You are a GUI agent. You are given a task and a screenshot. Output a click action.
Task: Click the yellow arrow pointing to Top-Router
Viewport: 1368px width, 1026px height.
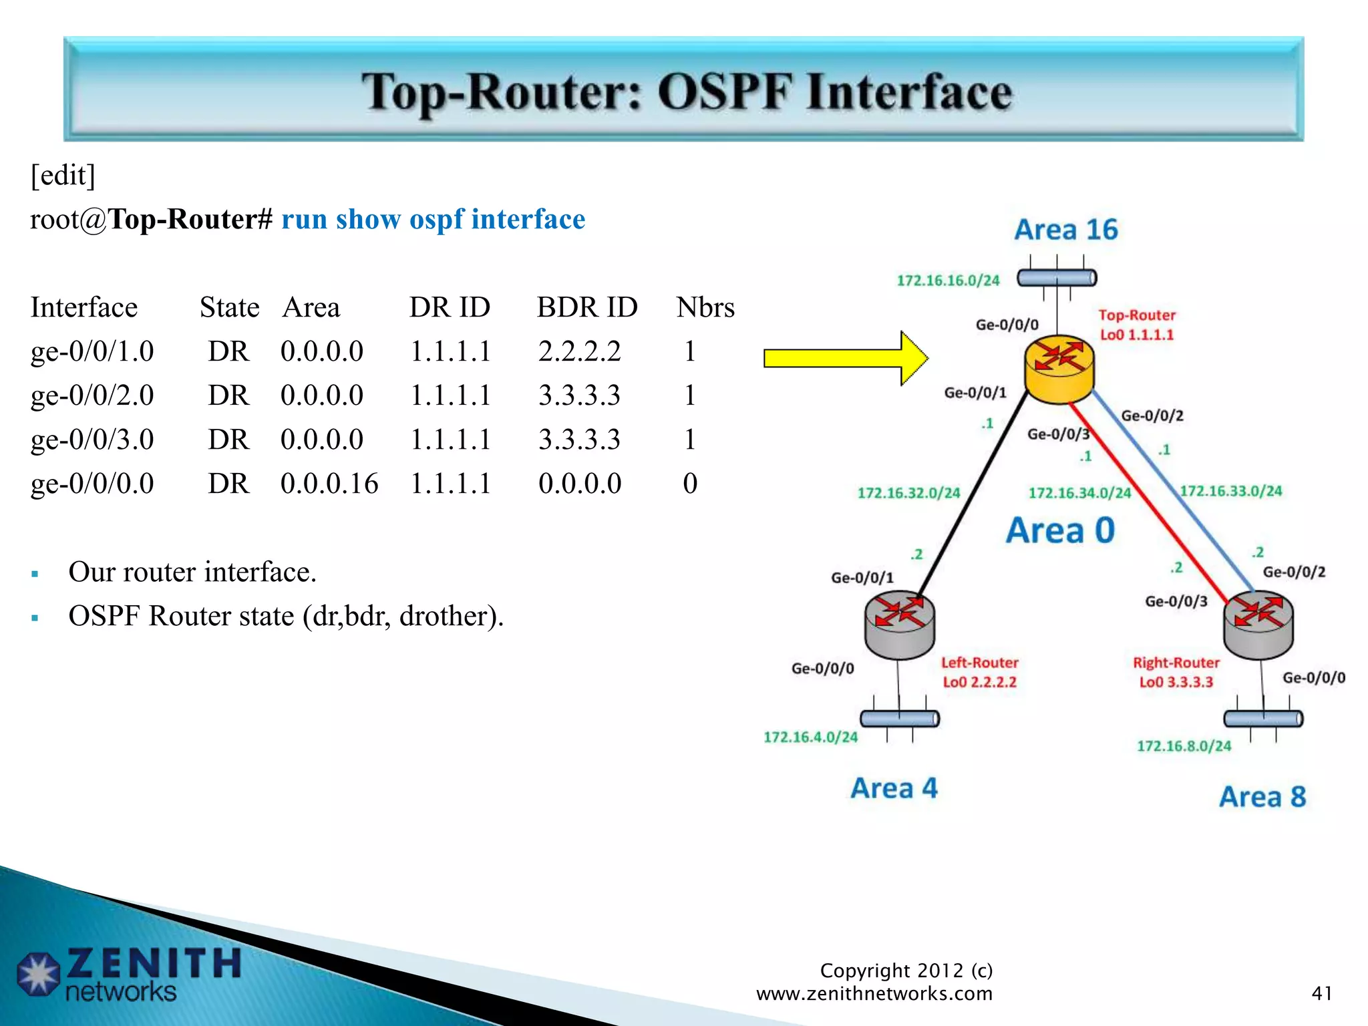click(x=845, y=359)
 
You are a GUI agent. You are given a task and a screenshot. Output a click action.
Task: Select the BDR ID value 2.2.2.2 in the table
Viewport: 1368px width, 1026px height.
click(x=579, y=351)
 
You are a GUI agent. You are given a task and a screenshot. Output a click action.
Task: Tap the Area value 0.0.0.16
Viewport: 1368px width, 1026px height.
click(x=329, y=484)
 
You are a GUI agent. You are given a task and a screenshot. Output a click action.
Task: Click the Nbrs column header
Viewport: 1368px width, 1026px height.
click(x=705, y=308)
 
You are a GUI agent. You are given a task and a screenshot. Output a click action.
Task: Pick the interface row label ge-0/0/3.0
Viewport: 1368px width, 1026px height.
click(x=92, y=440)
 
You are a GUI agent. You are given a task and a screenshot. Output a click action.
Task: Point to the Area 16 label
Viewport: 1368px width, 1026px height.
click(x=1065, y=230)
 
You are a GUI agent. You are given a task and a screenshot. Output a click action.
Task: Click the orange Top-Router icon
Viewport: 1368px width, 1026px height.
click(x=1059, y=369)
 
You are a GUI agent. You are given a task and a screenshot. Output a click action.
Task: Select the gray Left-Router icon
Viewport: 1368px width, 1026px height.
click(x=899, y=625)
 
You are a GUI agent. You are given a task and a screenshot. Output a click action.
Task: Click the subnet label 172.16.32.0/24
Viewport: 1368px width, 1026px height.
click(x=908, y=493)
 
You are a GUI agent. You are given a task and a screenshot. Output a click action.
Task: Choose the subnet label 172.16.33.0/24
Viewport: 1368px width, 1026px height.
click(x=1230, y=491)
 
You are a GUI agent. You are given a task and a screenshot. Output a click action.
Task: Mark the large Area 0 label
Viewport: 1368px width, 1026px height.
click(x=1060, y=531)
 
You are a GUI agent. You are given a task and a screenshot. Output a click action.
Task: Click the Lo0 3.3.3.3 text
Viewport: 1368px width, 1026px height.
click(x=1176, y=682)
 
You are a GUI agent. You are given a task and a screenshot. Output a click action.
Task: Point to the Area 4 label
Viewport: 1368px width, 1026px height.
click(x=894, y=788)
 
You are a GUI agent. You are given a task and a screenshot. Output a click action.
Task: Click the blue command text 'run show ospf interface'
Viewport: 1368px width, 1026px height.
click(x=433, y=220)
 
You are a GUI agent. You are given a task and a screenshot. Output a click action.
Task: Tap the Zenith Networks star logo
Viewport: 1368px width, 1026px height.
click(x=39, y=975)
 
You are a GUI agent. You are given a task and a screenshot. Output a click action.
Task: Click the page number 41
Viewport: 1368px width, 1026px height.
click(x=1321, y=993)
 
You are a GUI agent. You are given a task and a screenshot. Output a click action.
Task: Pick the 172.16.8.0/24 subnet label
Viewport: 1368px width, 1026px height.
click(x=1184, y=746)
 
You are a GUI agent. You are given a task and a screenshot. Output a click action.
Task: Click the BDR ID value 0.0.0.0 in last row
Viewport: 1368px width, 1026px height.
click(x=579, y=484)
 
